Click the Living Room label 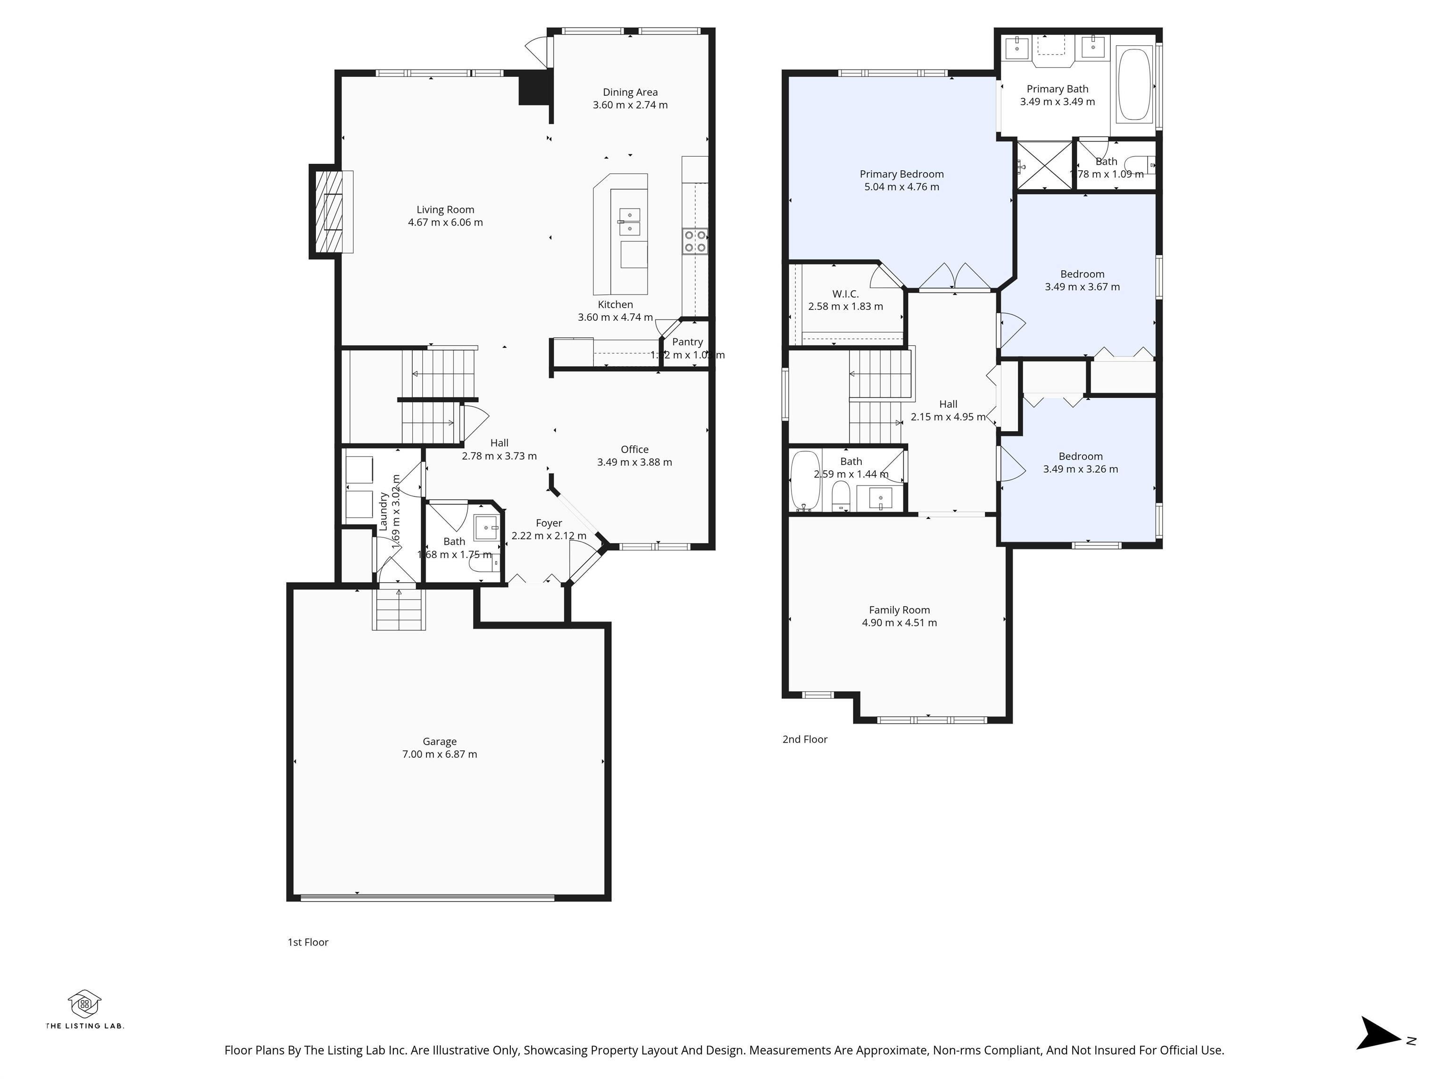point(445,209)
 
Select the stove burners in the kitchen point(694,241)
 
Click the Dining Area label point(630,92)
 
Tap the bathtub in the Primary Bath point(1134,83)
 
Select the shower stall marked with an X point(1044,166)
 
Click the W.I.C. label point(845,294)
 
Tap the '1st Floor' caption point(308,942)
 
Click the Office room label point(634,450)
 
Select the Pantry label point(687,342)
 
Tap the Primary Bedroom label point(901,174)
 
